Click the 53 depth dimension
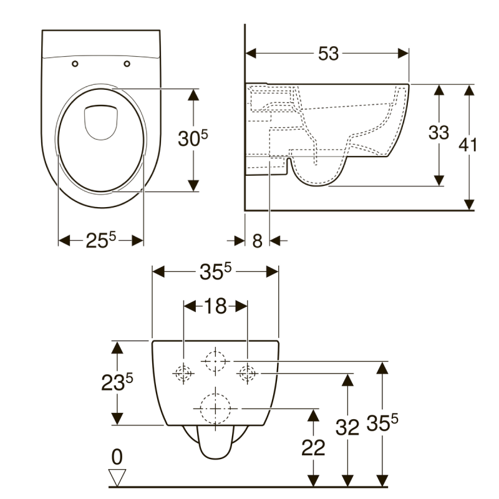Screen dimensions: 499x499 point(328,54)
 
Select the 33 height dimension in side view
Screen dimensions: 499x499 point(438,132)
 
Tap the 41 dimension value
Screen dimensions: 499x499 point(468,145)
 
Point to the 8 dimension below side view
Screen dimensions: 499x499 point(257,241)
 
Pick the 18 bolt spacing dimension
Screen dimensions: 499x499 point(215,306)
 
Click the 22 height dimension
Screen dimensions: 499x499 point(314,448)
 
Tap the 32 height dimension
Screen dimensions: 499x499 point(348,428)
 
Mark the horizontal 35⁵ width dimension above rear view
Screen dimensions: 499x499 point(215,272)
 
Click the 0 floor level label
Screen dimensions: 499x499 point(117,457)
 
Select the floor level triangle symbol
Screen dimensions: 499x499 point(117,478)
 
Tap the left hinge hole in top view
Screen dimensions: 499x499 point(75,63)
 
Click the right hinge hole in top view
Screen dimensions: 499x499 point(127,63)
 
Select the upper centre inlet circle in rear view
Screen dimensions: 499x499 point(215,360)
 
